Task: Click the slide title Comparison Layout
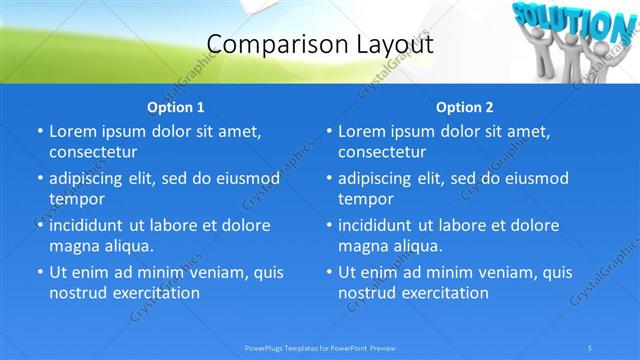[319, 45]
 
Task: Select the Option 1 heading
[176, 107]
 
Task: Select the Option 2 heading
[465, 107]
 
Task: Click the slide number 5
[591, 347]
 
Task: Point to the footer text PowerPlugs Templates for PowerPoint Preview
[319, 347]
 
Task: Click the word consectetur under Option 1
[93, 152]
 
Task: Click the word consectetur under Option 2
[382, 152]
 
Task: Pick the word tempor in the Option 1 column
[73, 199]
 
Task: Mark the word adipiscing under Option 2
[380, 178]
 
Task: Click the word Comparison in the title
[265, 45]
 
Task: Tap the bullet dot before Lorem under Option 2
[329, 131]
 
